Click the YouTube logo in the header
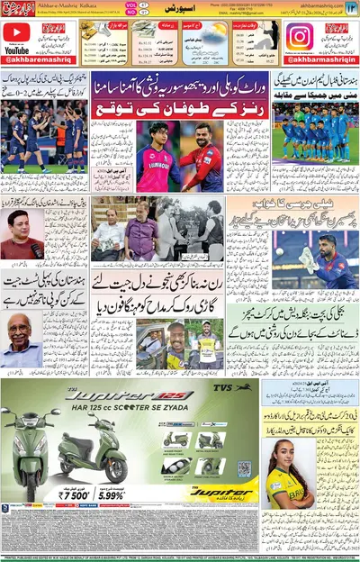(15, 37)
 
